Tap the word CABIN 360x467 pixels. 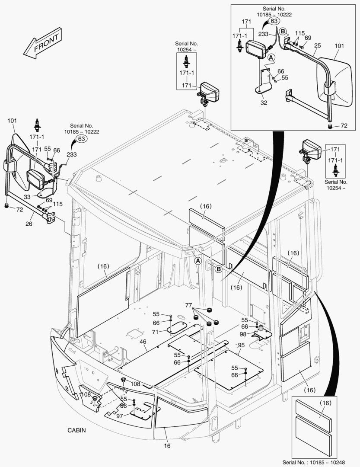click(x=76, y=430)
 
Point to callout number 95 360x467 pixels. click(x=241, y=345)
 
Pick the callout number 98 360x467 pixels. click(x=244, y=334)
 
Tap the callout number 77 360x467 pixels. click(x=188, y=305)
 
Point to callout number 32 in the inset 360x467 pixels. click(x=264, y=103)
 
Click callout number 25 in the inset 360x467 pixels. click(x=317, y=45)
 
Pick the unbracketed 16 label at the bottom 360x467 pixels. click(x=167, y=445)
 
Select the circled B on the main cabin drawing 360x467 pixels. click(x=218, y=269)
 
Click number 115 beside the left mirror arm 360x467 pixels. click(x=58, y=204)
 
